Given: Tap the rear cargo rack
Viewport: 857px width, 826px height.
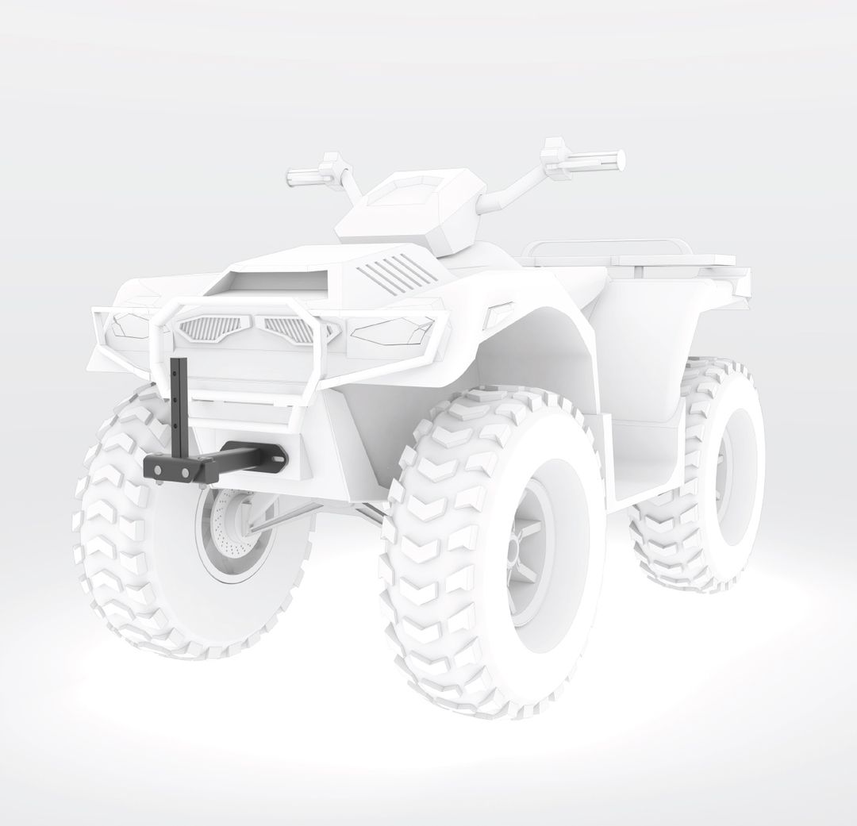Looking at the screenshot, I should [635, 255].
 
